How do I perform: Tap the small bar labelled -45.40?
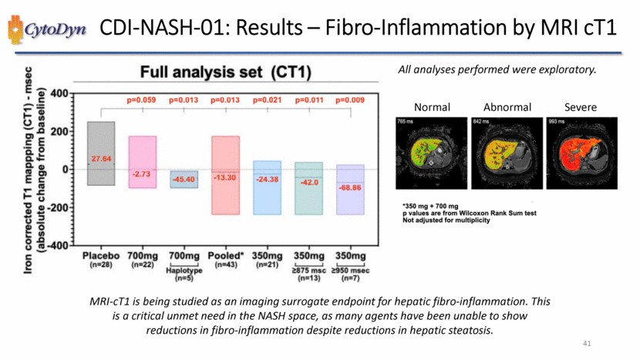pyautogui.click(x=184, y=179)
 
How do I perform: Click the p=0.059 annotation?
pyautogui.click(x=142, y=99)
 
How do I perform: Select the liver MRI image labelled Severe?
pyautogui.click(x=578, y=153)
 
